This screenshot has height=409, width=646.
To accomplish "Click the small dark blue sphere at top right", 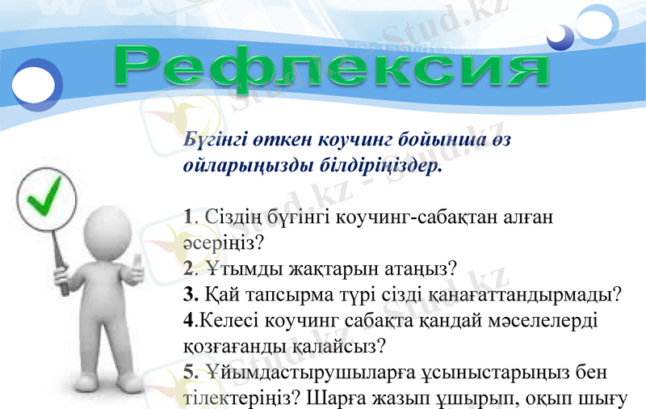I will click(x=559, y=36).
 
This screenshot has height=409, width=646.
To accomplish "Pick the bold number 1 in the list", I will click(x=188, y=217).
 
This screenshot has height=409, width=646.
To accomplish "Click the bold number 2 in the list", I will click(x=188, y=268).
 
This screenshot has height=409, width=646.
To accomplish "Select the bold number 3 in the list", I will click(x=189, y=293).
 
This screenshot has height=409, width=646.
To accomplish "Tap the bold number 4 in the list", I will click(x=188, y=319).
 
